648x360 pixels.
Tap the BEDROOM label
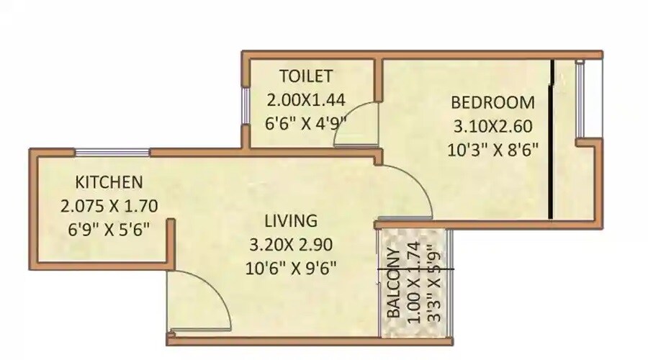pyautogui.click(x=492, y=102)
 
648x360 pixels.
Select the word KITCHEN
pyautogui.click(x=109, y=181)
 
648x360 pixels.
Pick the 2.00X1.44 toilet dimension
pyautogui.click(x=307, y=99)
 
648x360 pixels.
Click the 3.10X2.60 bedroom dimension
pyautogui.click(x=492, y=127)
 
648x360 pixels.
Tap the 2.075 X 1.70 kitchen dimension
pyautogui.click(x=109, y=207)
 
